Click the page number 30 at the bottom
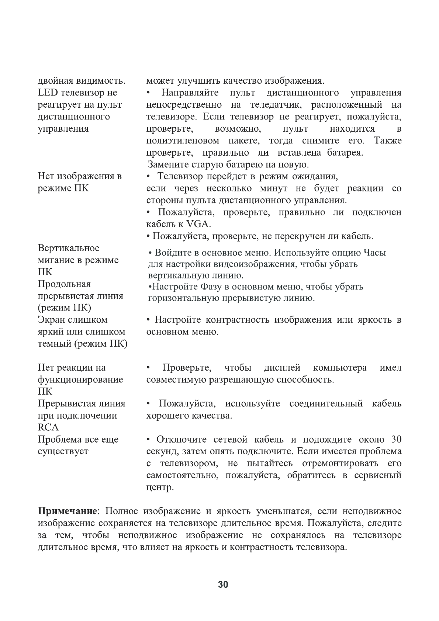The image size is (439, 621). tap(223, 584)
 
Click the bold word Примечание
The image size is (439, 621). tap(68, 511)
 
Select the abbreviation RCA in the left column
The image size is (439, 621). tap(48, 427)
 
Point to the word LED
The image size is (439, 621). tap(46, 93)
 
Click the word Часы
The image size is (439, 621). tap(375, 253)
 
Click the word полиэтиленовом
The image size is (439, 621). tap(183, 141)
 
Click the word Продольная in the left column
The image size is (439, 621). tap(64, 284)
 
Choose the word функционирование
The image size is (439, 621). tap(80, 379)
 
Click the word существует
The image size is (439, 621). tap(63, 451)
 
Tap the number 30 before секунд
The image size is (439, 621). tap(395, 440)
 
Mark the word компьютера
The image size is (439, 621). tap(340, 368)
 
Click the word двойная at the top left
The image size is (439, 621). tap(55, 81)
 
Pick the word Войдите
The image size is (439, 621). tap(172, 253)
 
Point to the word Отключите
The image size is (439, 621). tap(181, 440)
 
